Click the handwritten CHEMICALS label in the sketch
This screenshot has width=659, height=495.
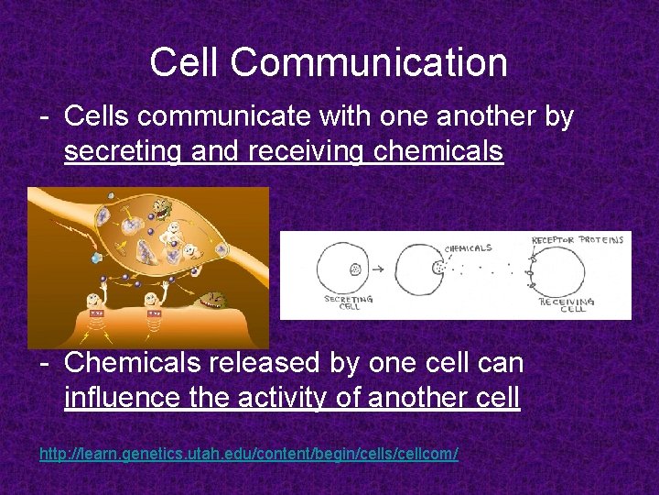click(x=468, y=247)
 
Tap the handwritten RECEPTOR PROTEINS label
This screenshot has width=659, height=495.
click(x=578, y=240)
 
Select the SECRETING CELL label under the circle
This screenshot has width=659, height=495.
click(x=348, y=303)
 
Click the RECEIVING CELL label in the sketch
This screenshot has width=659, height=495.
click(x=567, y=304)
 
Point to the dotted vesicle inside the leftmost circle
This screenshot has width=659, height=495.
click(x=354, y=270)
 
